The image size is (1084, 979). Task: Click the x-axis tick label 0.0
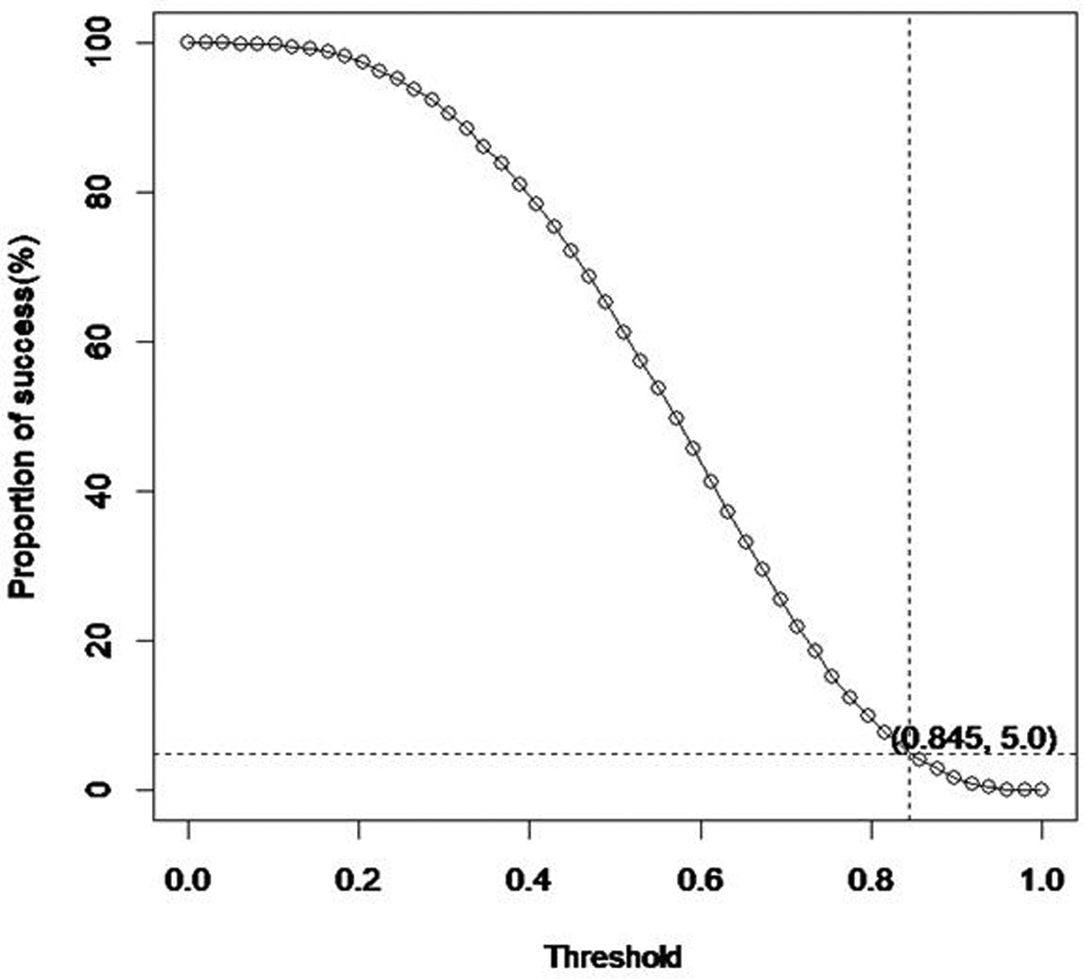(188, 879)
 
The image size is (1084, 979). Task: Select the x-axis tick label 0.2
(358, 879)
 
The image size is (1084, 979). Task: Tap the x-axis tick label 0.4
(529, 879)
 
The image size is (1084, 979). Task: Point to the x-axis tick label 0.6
(700, 879)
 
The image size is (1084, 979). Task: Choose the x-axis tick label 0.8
(871, 879)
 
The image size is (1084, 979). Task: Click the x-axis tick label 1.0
(1041, 879)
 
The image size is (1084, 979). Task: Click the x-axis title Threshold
(613, 957)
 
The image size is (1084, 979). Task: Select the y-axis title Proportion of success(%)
(23, 416)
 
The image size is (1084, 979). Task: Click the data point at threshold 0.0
(188, 43)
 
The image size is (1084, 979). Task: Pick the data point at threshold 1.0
(1041, 790)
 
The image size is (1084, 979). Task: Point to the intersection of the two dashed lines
(909, 754)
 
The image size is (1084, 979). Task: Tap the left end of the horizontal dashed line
(155, 754)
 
